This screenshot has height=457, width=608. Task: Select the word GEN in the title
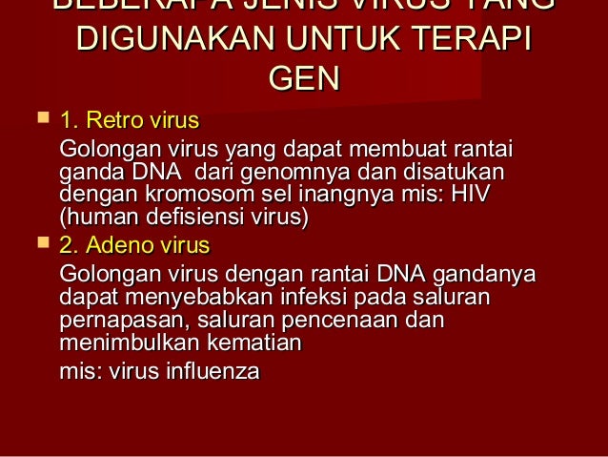(304, 78)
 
